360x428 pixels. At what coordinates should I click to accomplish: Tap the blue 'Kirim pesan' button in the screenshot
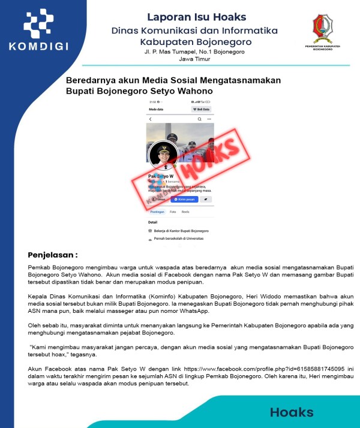pos(184,199)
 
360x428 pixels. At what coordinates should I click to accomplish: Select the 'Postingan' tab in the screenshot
pos(157,212)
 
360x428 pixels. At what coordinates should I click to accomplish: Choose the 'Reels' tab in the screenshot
pos(186,212)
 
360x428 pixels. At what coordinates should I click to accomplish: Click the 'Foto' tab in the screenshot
pos(173,212)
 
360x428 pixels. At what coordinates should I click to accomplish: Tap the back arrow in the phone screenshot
pos(150,119)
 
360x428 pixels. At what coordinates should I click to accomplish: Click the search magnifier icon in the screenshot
pos(210,119)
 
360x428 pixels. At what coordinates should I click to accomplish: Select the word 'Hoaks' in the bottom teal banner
pos(292,412)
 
